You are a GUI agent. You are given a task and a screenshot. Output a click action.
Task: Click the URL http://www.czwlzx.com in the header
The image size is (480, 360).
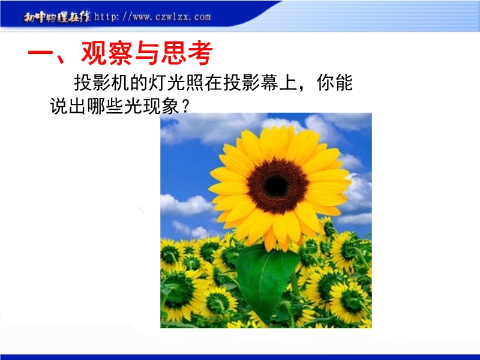[152, 16]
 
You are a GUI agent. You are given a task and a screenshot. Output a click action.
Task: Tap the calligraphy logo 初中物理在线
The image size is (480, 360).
[57, 17]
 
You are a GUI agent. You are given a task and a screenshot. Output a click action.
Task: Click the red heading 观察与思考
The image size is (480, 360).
[147, 53]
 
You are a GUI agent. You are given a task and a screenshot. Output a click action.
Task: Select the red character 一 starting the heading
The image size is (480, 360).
[41, 53]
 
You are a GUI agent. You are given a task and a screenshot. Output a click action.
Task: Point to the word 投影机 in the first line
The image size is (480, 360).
[101, 83]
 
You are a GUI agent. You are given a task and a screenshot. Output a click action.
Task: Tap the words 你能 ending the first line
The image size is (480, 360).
[335, 83]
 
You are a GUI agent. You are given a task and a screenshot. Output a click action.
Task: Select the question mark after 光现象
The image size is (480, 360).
[185, 107]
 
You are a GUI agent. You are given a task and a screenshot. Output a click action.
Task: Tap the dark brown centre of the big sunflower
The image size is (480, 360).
[277, 185]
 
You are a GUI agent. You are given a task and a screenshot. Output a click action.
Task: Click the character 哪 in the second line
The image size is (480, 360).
[96, 106]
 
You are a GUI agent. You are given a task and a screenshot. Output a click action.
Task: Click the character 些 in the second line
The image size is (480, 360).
[115, 106]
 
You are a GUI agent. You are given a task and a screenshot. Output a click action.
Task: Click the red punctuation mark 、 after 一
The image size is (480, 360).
[61, 59]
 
